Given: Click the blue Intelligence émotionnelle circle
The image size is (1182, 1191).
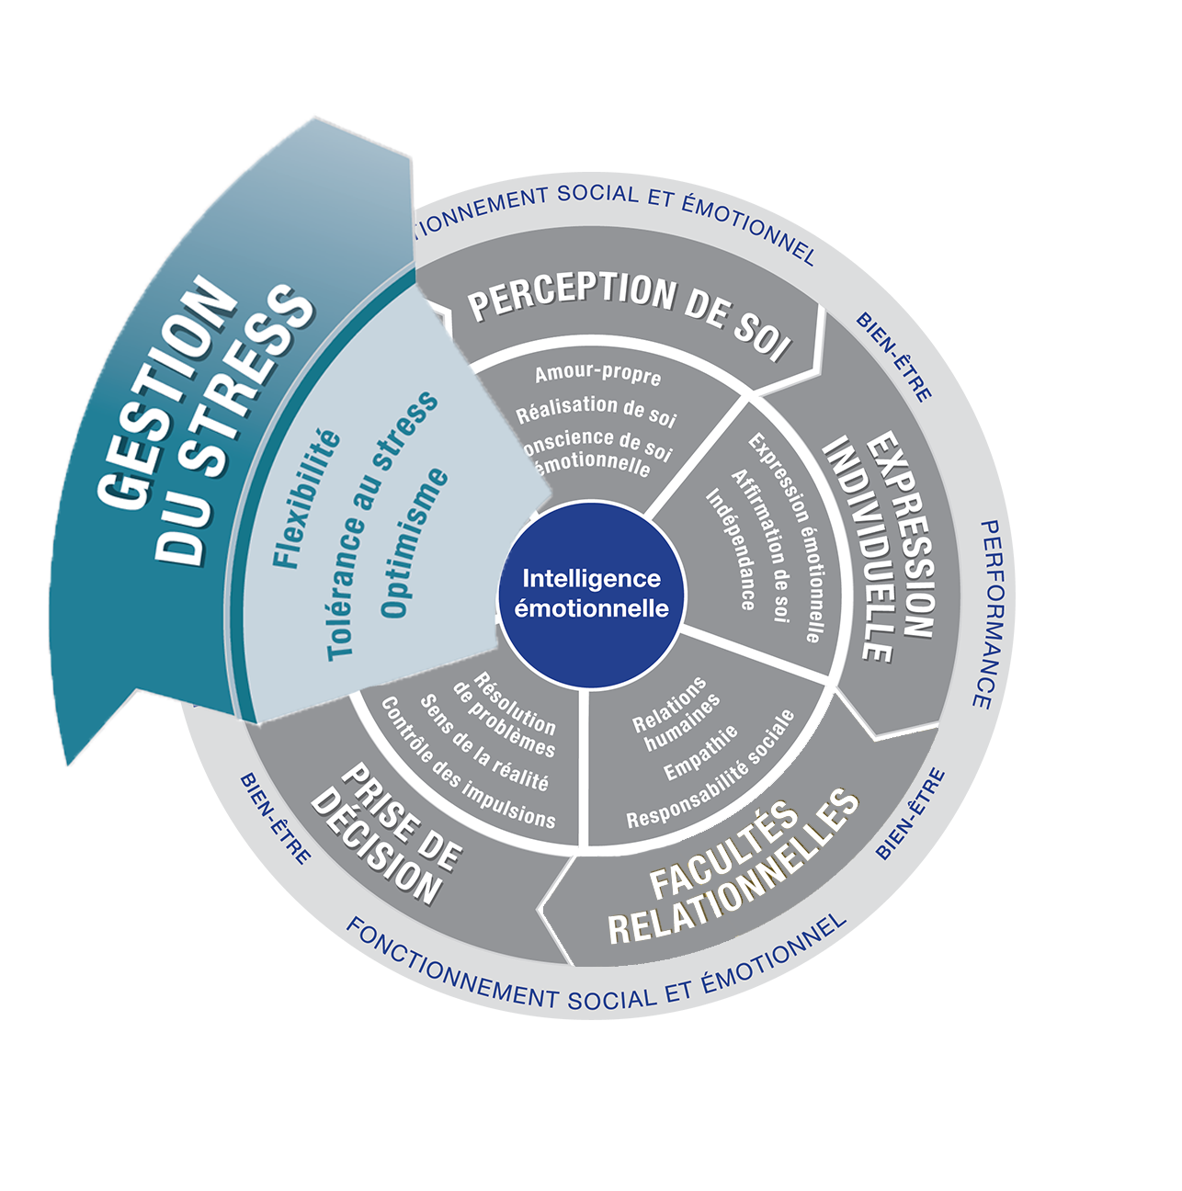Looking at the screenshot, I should pyautogui.click(x=591, y=593).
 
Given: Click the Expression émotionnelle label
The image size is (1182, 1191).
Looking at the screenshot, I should pyautogui.click(x=785, y=537).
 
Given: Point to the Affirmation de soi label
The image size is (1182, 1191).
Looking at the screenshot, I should pyautogui.click(x=761, y=546).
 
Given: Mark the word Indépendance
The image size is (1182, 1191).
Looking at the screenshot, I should pyautogui.click(x=731, y=549).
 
